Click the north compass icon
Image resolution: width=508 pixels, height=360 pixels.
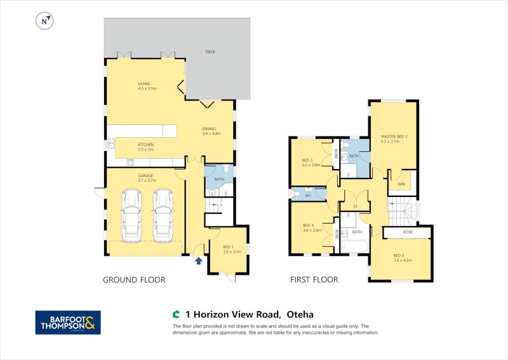coord(44,21)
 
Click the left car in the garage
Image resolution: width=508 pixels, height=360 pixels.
coord(131,215)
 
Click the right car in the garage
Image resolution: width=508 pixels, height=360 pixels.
coord(163,215)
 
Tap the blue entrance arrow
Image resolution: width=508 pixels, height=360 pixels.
coord(199,260)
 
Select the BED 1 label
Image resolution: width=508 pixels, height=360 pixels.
coord(228,248)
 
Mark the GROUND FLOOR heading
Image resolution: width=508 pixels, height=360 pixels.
coord(134,280)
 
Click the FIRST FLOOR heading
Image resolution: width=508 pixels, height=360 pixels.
coord(314,280)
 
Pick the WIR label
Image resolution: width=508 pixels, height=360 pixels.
coord(401,185)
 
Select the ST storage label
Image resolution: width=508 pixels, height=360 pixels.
coord(355,206)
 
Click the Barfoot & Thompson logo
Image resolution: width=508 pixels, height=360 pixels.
coord(68,323)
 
